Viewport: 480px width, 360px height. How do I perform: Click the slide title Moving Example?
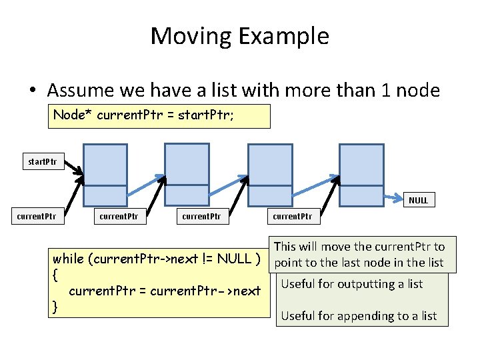[240, 35]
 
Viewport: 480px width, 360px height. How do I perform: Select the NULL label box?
[418, 200]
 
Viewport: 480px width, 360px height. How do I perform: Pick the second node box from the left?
[187, 175]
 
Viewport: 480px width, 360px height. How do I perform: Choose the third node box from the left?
[270, 175]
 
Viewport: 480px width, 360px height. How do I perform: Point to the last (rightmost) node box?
[361, 175]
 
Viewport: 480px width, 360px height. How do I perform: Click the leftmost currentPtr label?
[36, 216]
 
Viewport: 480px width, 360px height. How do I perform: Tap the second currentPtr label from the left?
[119, 216]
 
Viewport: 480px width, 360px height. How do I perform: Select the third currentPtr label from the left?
[202, 216]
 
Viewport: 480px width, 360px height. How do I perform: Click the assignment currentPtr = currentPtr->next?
[165, 291]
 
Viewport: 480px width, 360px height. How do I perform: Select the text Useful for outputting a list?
[352, 284]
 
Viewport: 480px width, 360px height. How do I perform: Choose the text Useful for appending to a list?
[359, 316]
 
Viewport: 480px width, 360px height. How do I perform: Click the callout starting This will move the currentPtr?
[359, 255]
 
